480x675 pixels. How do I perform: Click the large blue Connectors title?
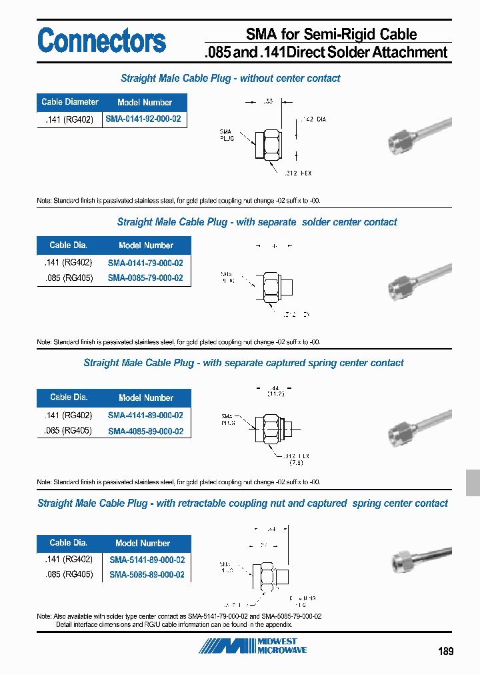pyautogui.click(x=101, y=41)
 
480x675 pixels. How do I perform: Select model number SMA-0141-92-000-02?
pyautogui.click(x=144, y=119)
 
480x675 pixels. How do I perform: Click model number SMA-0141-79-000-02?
pyautogui.click(x=145, y=263)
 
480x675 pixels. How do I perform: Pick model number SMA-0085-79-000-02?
pyautogui.click(x=145, y=278)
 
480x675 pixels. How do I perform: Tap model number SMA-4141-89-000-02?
pyautogui.click(x=145, y=415)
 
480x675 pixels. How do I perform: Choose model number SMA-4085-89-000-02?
pyautogui.click(x=145, y=431)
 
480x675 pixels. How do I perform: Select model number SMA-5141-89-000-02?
pyautogui.click(x=147, y=560)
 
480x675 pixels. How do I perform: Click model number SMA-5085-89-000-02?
pyautogui.click(x=147, y=574)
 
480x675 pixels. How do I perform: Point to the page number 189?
pyautogui.click(x=445, y=651)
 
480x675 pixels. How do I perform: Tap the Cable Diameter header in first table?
pyautogui.click(x=69, y=102)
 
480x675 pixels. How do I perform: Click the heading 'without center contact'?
pyautogui.click(x=230, y=78)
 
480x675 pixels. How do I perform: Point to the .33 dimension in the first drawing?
pyautogui.click(x=268, y=101)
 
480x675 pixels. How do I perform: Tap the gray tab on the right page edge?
pyautogui.click(x=472, y=482)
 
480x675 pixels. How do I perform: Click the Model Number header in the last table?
pyautogui.click(x=143, y=543)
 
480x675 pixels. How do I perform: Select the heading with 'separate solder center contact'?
pyautogui.click(x=257, y=222)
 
